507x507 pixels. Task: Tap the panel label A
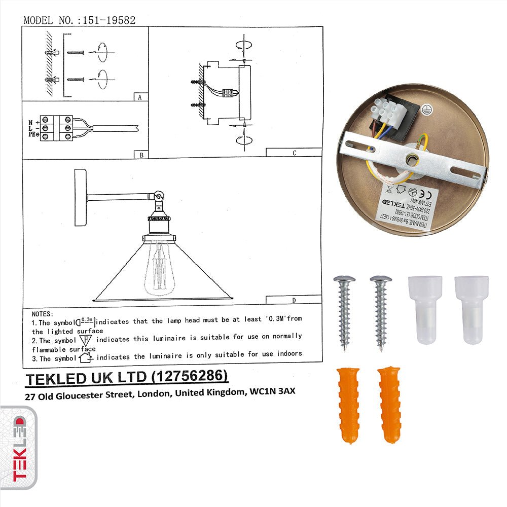139,97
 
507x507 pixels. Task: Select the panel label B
139,155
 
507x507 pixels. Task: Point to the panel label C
294,152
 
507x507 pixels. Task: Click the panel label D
294,300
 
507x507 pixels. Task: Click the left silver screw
345,312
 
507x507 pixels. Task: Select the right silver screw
381,312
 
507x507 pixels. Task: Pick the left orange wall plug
349,405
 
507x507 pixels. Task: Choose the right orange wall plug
389,405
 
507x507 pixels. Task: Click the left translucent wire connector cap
425,309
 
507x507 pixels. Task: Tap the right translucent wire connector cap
471,309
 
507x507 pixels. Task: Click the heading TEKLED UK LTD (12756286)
127,378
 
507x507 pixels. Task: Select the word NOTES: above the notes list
42,314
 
